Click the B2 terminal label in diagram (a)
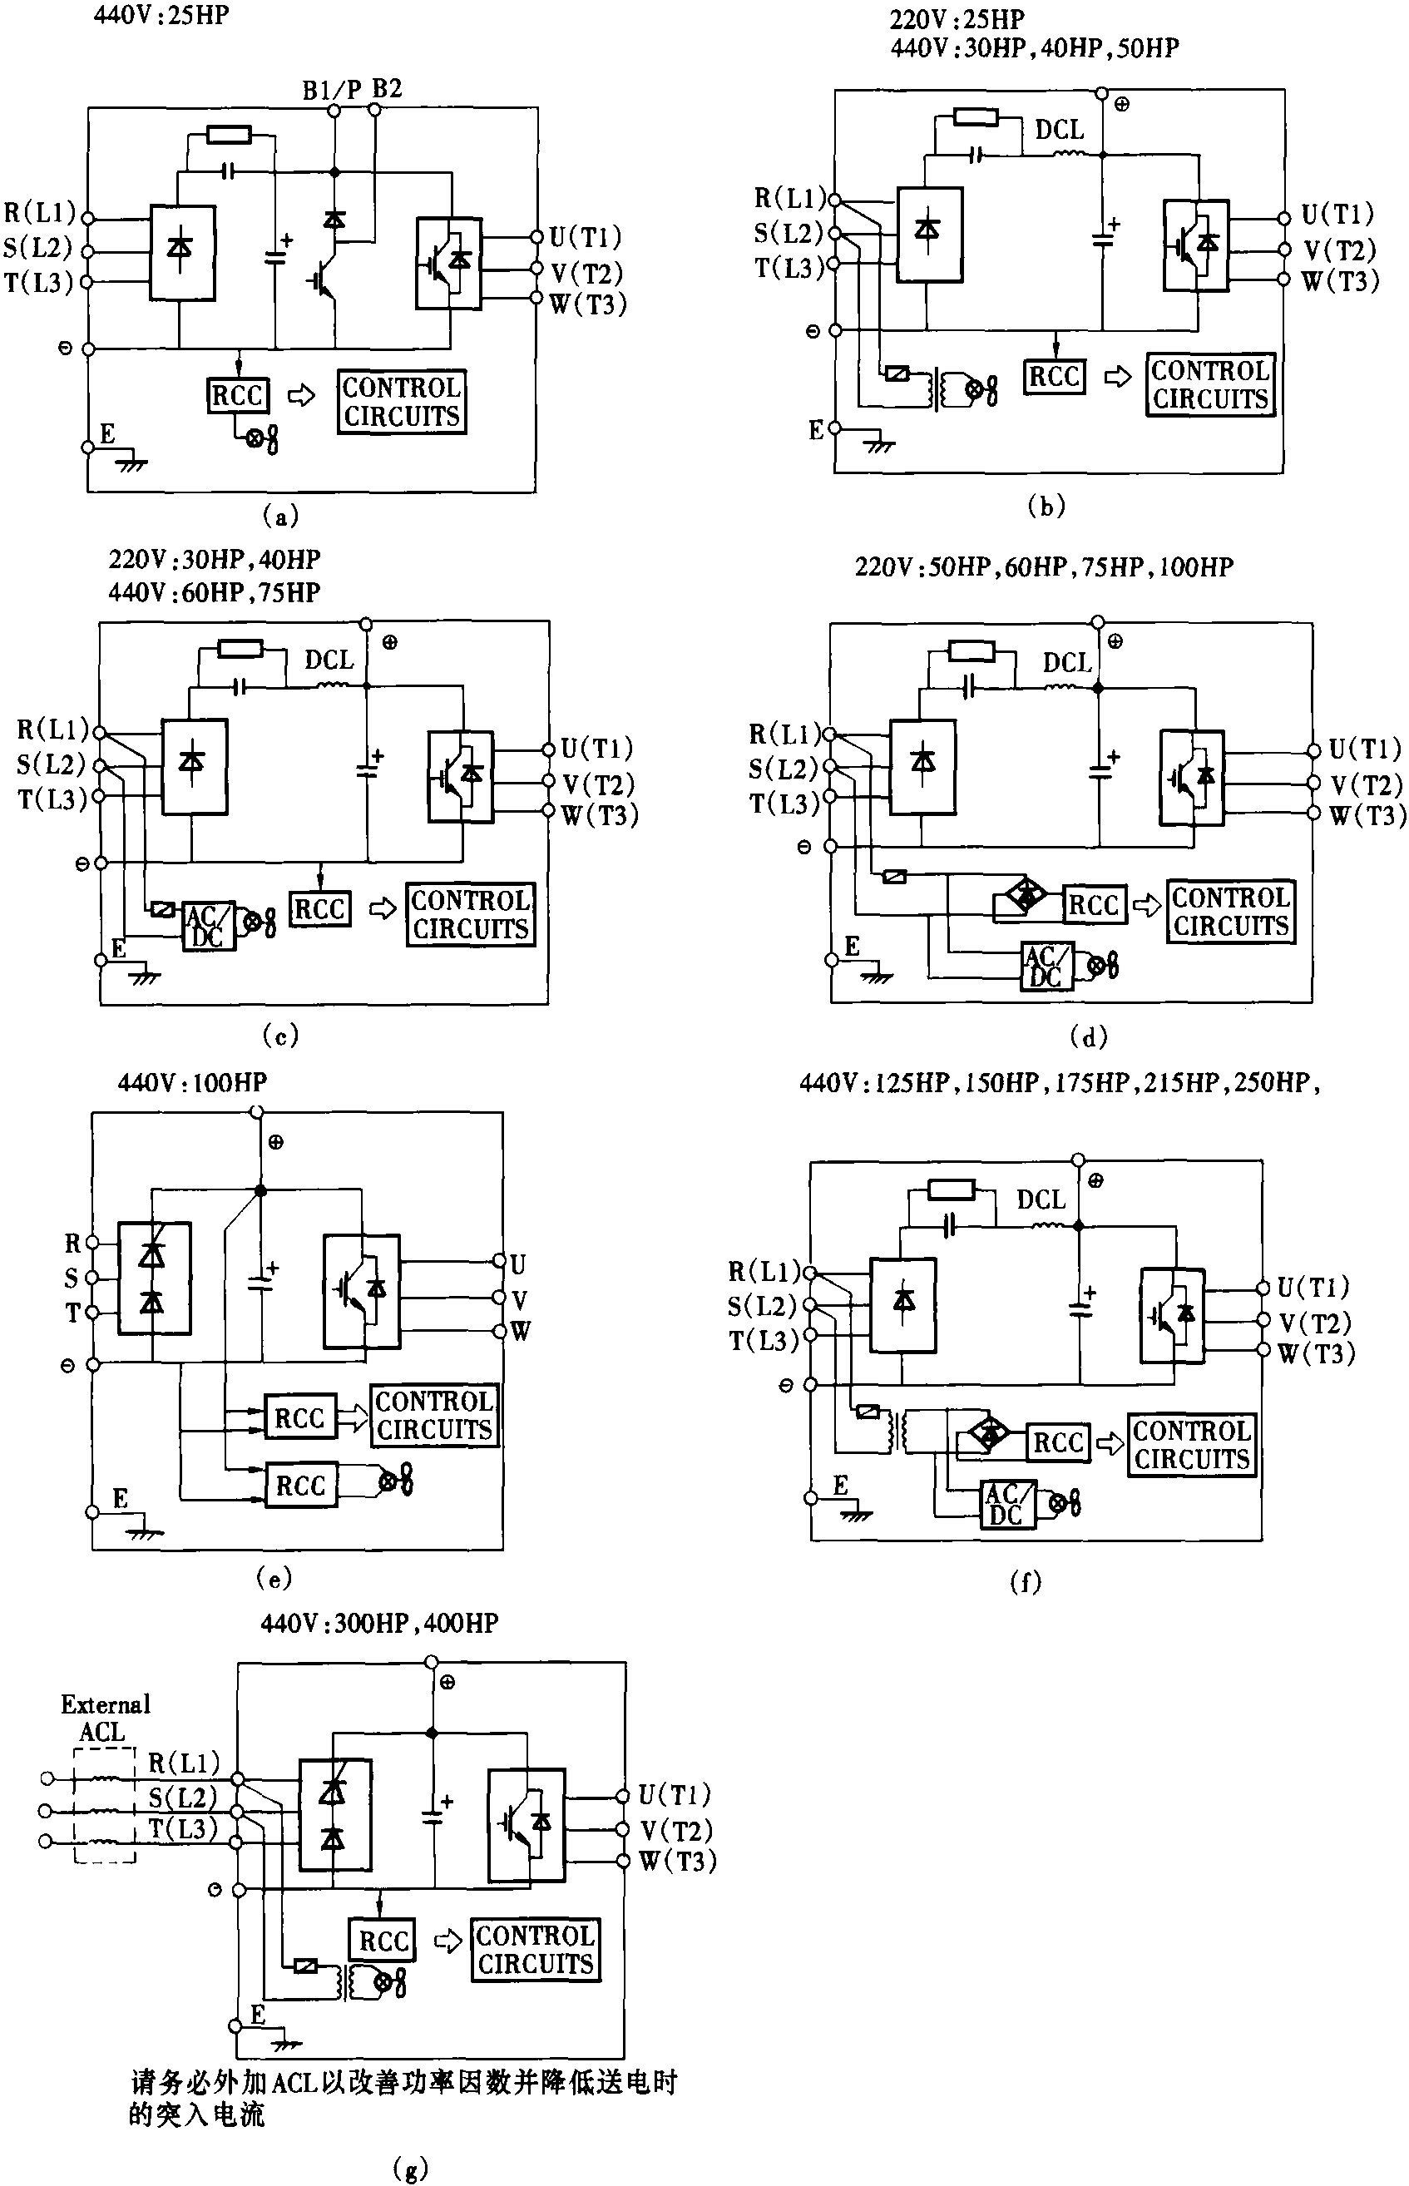[386, 89]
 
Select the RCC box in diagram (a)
[237, 395]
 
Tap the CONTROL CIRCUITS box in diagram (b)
[1209, 385]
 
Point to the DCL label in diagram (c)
[329, 660]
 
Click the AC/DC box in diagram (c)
[208, 926]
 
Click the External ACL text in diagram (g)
[104, 1719]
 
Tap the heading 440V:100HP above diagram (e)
[192, 1082]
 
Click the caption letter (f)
[1025, 1582]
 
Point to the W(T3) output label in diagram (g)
[677, 1860]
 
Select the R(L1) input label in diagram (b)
[789, 198]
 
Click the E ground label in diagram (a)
[107, 433]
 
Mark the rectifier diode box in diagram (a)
[182, 254]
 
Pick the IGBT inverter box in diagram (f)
[1172, 1316]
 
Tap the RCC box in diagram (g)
[383, 1941]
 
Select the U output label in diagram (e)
[518, 1264]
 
